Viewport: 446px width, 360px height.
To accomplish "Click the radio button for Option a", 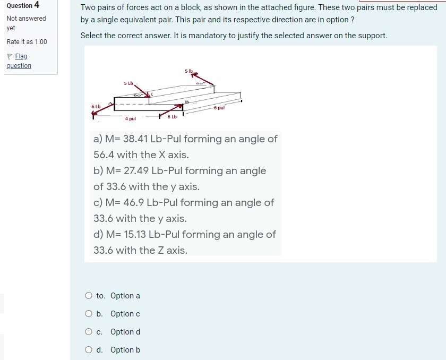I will pos(89,296).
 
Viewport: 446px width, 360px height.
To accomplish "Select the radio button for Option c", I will pos(89,314).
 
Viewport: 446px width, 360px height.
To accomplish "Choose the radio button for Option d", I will pos(89,332).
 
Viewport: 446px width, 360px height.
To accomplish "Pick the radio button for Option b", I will pos(89,350).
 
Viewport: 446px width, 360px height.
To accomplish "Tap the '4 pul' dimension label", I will pos(131,118).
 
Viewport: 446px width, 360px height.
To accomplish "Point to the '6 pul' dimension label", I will pos(219,108).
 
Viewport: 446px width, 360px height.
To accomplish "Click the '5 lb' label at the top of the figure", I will pos(190,71).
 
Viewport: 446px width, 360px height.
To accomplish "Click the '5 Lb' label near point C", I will pos(128,83).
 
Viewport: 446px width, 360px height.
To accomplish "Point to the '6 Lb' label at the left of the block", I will pos(96,107).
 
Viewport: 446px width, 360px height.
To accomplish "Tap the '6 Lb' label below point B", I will pos(172,116).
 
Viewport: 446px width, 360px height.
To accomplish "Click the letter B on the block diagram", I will pos(187,101).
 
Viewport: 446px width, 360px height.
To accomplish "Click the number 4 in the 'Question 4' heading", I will pos(37,5).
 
